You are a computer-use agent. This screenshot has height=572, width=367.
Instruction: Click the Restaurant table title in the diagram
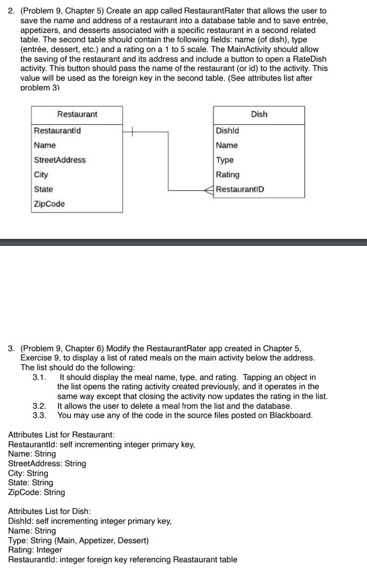(77, 114)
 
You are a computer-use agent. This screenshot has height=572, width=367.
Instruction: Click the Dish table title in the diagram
(259, 114)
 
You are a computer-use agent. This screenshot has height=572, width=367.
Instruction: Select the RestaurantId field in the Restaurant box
(57, 130)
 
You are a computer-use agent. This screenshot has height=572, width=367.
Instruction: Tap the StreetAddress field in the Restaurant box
(60, 160)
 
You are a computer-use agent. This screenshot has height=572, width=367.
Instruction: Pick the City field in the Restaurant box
(41, 175)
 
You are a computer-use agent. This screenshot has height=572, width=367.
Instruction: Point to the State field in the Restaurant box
(44, 189)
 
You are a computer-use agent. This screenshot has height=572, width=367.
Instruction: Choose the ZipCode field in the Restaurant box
(50, 204)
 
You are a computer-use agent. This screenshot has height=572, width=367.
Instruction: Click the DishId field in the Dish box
(228, 130)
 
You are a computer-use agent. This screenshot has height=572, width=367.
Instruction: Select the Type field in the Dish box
(225, 160)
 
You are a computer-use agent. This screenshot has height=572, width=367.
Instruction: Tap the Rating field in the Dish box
(228, 175)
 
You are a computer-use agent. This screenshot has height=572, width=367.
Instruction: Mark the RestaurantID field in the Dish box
(240, 189)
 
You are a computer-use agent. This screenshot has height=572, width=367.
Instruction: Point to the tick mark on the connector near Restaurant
(131, 131)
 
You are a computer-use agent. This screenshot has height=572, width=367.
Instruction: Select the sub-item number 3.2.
(39, 406)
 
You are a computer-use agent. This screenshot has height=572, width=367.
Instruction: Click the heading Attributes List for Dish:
(50, 511)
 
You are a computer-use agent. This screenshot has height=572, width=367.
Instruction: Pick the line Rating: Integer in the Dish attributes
(35, 550)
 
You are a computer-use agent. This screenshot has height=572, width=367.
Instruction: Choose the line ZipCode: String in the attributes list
(37, 492)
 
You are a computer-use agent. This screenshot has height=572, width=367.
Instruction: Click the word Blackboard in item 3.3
(291, 415)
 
